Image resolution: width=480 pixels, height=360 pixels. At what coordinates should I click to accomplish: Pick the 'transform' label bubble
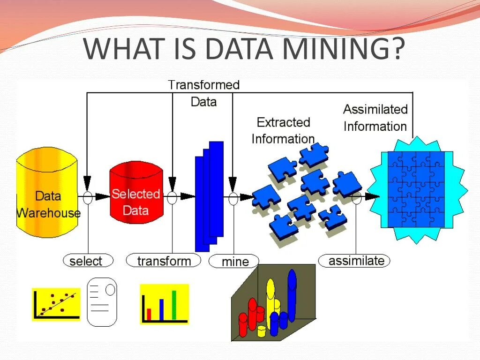pos(164,261)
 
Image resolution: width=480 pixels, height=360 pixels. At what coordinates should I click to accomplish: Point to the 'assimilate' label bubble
pos(354,261)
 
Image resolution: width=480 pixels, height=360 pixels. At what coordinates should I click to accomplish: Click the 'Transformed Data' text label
pos(203,93)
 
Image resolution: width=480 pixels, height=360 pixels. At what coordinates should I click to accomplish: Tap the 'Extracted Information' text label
pos(283,130)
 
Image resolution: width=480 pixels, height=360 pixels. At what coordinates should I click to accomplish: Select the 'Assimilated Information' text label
pos(375,118)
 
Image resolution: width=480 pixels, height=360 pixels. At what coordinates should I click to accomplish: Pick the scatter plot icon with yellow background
pos(56,304)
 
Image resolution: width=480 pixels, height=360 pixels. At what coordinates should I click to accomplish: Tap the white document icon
pos(102,301)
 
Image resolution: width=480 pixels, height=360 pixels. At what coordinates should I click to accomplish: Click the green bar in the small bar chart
pos(174,305)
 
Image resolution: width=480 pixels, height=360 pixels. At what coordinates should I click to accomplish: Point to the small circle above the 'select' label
pos(88,197)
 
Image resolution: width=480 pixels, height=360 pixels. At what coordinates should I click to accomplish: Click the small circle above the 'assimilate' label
pos(356,197)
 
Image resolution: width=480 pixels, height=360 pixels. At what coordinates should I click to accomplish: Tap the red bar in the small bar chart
pos(149,314)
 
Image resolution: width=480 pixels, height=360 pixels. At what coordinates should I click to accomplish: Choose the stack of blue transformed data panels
pos(209,196)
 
